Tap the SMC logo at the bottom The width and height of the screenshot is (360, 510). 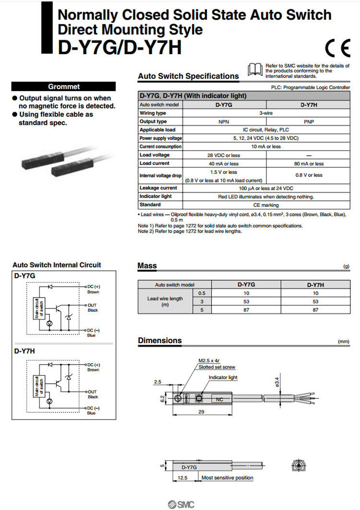(180, 504)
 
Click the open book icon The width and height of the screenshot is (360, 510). (255, 70)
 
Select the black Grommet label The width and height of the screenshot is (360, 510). (64, 87)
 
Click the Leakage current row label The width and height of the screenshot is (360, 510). (158, 188)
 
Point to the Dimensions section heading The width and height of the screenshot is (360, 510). (160, 341)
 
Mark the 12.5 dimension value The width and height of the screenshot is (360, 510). (182, 478)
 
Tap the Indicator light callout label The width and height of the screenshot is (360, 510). (223, 378)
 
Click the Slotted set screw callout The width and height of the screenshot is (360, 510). (217, 367)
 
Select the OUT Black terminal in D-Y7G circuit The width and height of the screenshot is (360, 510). (93, 308)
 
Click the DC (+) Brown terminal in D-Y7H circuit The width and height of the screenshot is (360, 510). (93, 367)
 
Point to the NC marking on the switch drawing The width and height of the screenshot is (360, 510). (219, 399)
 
